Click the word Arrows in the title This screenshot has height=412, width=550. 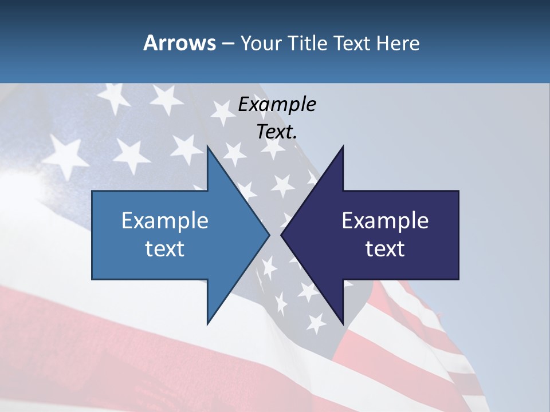[179, 43]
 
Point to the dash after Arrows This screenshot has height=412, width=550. [228, 44]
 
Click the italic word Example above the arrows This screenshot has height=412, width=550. [277, 105]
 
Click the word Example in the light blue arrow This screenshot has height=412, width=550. [165, 221]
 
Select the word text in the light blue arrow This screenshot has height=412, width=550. [165, 249]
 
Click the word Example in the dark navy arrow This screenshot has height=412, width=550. [385, 221]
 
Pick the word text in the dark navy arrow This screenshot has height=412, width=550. [385, 249]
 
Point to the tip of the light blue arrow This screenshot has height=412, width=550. [268, 235]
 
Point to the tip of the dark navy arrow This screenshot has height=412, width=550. [282, 235]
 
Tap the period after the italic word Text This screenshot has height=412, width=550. [295, 137]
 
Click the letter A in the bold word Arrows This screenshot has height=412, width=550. [150, 43]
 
